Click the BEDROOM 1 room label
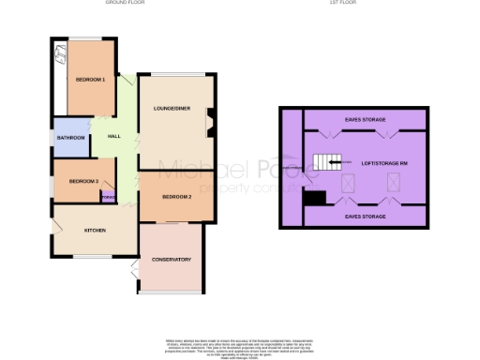point(91,80)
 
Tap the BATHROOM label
point(71,138)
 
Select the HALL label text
point(113,137)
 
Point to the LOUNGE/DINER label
point(172,109)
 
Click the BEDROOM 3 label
point(71,180)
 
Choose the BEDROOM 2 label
point(176,197)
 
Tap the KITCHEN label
point(95,231)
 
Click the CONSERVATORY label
point(172,259)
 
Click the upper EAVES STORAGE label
point(363,120)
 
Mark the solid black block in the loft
point(316,197)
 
